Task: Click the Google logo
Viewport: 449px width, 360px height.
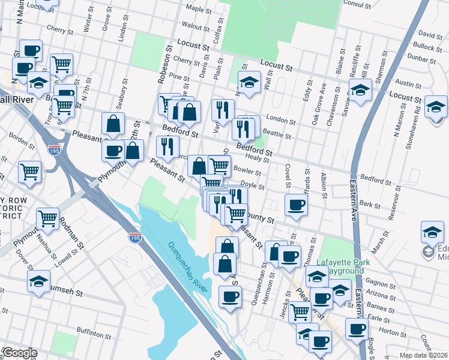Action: pyautogui.click(x=19, y=353)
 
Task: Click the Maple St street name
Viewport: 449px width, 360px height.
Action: pyautogui.click(x=196, y=9)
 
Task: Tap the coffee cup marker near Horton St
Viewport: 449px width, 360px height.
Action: pyautogui.click(x=357, y=329)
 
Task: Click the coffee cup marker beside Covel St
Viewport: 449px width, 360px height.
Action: pyautogui.click(x=295, y=204)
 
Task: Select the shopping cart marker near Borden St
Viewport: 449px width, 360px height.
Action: pyautogui.click(x=29, y=172)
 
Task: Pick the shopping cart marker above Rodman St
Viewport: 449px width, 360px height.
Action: pyautogui.click(x=47, y=218)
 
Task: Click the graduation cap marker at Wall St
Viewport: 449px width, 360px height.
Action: pyautogui.click(x=249, y=82)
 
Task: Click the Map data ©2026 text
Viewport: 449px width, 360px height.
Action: pyautogui.click(x=424, y=355)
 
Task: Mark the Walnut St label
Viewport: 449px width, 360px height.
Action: pyautogui.click(x=195, y=26)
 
